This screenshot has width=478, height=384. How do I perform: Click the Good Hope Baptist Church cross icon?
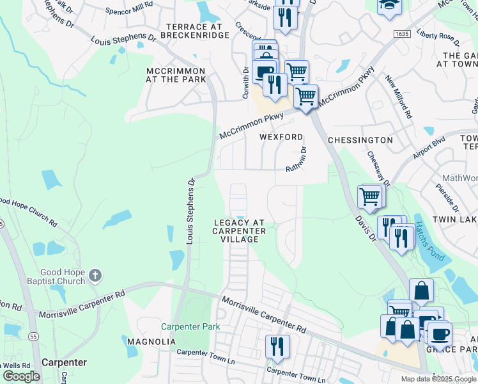coord(95,276)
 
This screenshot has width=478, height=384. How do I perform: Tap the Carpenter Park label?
coord(190,326)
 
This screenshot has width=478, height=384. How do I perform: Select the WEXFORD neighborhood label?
coord(281,138)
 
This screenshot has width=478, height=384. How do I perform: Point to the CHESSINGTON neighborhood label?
coord(360,140)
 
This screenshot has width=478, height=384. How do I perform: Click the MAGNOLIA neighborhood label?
coord(151,342)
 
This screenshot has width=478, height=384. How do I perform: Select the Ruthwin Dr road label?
coord(296,159)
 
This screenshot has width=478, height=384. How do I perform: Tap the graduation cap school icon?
coord(389,6)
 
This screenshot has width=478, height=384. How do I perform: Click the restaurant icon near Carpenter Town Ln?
coord(277,346)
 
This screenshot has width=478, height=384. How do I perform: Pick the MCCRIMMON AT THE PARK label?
coord(176,75)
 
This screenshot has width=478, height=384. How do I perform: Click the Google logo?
coord(21,376)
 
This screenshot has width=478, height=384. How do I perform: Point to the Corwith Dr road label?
coord(245,84)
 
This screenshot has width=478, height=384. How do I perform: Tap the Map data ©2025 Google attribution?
coord(438,379)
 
